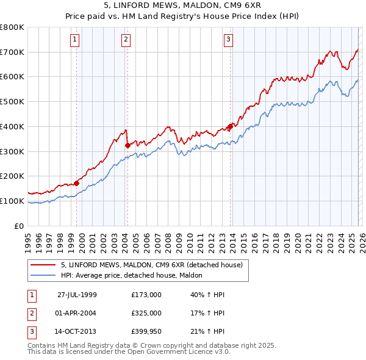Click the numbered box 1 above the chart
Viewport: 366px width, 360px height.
point(74,40)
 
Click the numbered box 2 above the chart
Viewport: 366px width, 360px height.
point(126,40)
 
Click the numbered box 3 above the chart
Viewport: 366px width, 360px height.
point(228,40)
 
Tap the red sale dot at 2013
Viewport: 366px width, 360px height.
point(230,127)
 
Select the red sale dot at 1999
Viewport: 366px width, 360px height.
point(77,182)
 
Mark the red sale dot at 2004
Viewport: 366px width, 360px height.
point(127,145)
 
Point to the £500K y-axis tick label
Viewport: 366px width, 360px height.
point(12,101)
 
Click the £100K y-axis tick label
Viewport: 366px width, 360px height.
point(12,201)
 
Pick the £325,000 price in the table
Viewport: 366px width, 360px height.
point(146,313)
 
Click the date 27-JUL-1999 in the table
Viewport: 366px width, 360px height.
point(77,294)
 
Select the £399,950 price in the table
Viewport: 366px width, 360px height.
point(146,332)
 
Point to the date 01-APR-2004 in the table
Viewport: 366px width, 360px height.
point(77,313)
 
